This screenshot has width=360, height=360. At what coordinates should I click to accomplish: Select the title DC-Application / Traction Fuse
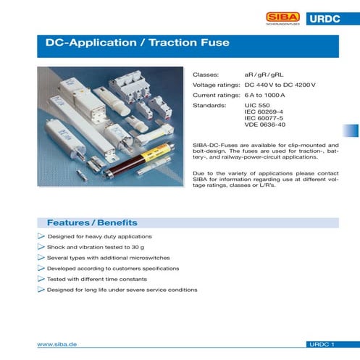point(138,43)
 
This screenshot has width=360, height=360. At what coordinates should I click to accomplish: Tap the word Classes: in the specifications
point(205,75)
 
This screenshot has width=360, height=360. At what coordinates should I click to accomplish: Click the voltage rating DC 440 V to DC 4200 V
point(280,85)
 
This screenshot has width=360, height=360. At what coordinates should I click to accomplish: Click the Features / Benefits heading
point(92,222)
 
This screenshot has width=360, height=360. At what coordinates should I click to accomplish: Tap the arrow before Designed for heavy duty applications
point(41,237)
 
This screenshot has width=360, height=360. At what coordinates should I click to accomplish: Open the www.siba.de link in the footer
point(57,346)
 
